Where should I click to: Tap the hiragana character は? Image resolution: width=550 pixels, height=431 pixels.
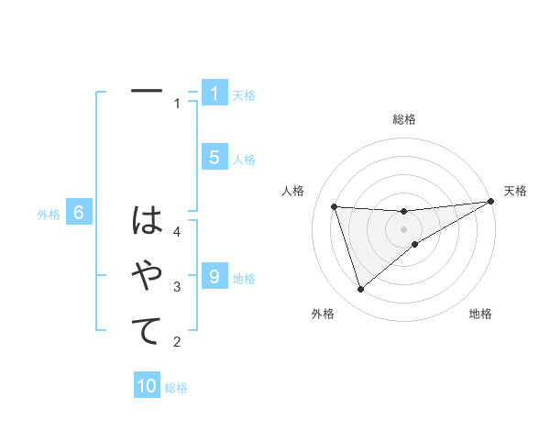coord(147,221)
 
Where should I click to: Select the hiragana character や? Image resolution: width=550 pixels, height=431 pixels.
coord(147,275)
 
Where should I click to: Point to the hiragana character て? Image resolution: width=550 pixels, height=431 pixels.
coord(147,330)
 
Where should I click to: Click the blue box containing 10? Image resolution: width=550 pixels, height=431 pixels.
coord(147,386)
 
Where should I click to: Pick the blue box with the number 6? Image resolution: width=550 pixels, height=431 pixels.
coord(79,214)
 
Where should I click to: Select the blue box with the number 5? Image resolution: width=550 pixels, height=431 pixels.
coord(214,158)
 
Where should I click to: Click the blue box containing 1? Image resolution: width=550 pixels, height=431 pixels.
coord(214,94)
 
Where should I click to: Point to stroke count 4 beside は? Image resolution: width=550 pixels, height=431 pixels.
coord(178,232)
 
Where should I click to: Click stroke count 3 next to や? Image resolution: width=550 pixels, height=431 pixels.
coord(178,287)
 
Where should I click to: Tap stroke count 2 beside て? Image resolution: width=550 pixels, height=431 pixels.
coord(178,342)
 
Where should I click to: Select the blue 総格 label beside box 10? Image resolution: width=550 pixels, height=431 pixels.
coord(176,388)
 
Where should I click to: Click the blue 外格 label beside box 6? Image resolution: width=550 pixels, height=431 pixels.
coord(49,215)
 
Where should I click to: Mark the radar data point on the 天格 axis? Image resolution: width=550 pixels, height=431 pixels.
coord(490,202)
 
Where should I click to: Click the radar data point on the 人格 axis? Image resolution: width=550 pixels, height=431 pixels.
coord(334,206)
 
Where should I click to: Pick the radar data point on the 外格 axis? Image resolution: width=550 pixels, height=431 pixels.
coord(360,290)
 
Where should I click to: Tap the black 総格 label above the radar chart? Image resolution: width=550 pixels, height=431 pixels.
coord(404,119)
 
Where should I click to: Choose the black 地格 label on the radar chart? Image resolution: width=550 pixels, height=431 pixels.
coord(480,314)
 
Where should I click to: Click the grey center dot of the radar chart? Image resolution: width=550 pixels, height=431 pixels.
coord(403,228)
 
